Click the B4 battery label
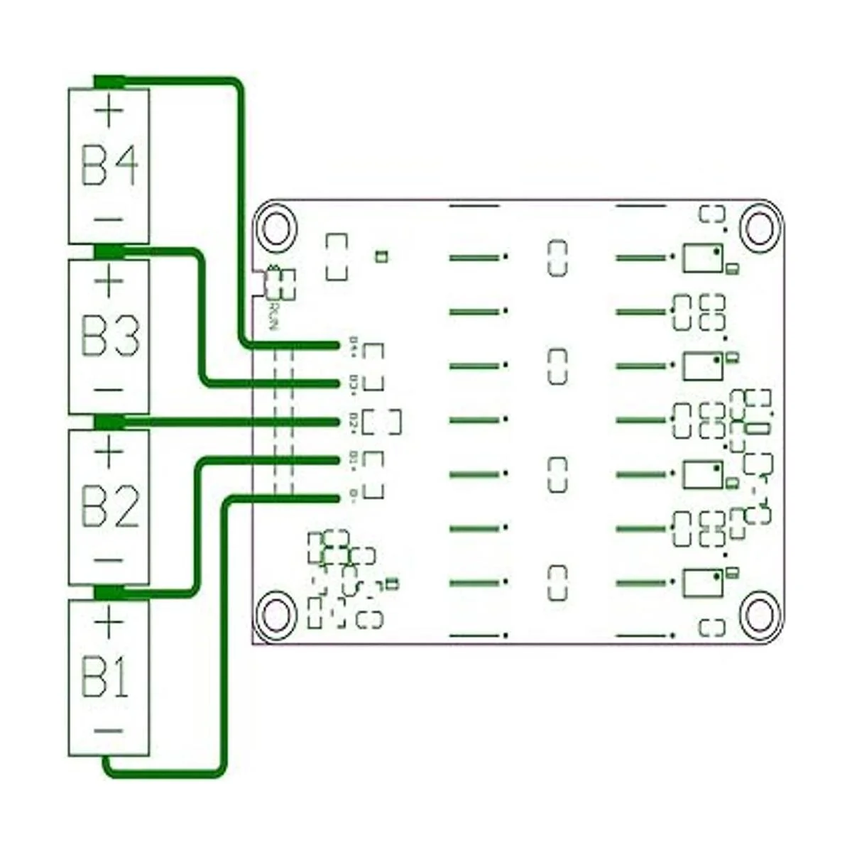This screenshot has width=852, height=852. coord(110,165)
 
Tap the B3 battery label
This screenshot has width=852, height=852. coord(110,335)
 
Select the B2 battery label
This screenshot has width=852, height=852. coord(110,506)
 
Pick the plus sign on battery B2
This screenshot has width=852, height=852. coord(109,452)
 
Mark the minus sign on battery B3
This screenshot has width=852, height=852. coord(109,390)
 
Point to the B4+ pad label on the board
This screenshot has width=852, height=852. coord(354,346)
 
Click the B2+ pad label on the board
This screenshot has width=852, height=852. coord(354,422)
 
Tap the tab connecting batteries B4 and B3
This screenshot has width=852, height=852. coord(109,251)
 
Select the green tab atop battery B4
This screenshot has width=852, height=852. coord(109,81)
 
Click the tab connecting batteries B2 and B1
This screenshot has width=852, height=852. coord(109,591)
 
